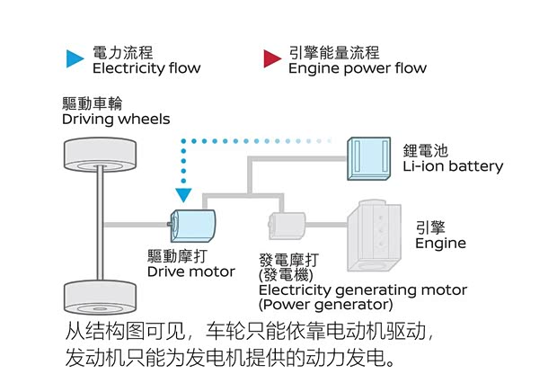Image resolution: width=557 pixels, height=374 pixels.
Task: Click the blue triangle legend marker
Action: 75,59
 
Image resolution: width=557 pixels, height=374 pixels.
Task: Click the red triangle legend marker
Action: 271,59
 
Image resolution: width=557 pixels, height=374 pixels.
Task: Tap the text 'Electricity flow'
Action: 146,68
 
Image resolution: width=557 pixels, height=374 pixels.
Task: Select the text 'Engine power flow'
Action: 357,68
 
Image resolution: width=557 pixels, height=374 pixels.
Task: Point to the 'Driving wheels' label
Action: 116,119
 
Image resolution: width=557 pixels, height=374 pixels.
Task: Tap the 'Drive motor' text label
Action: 190,272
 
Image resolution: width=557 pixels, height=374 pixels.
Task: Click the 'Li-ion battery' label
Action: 453,166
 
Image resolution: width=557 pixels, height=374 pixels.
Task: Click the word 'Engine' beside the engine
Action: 440,244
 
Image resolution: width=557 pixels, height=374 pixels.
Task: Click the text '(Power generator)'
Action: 314,304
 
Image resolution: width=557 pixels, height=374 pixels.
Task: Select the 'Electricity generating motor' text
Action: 362,289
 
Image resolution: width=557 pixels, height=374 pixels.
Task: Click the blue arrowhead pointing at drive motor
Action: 184,193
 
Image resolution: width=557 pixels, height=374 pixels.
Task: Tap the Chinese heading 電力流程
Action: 123,52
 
